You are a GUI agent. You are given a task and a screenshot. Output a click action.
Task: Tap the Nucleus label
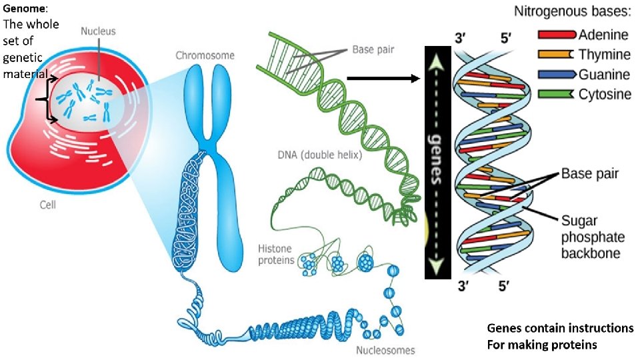pyautogui.click(x=98, y=31)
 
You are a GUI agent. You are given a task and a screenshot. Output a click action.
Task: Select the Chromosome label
pyautogui.click(x=205, y=55)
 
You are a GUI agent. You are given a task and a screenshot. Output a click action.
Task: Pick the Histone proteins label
pyautogui.click(x=275, y=254)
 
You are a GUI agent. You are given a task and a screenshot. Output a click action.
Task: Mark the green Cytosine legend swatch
pyautogui.click(x=555, y=95)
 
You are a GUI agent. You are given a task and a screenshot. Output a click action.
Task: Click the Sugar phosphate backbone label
pyautogui.click(x=593, y=237)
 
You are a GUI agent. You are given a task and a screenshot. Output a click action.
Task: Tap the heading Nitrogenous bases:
pyautogui.click(x=573, y=12)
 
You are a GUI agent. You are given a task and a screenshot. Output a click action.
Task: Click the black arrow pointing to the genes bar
pyautogui.click(x=383, y=79)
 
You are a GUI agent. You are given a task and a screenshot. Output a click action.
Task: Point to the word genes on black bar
pyautogui.click(x=438, y=163)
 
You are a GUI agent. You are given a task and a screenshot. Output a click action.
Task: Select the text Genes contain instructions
pyautogui.click(x=559, y=329)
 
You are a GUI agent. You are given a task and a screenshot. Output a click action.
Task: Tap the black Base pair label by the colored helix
pyautogui.click(x=589, y=174)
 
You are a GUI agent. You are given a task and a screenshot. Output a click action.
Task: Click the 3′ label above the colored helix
pyautogui.click(x=461, y=39)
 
